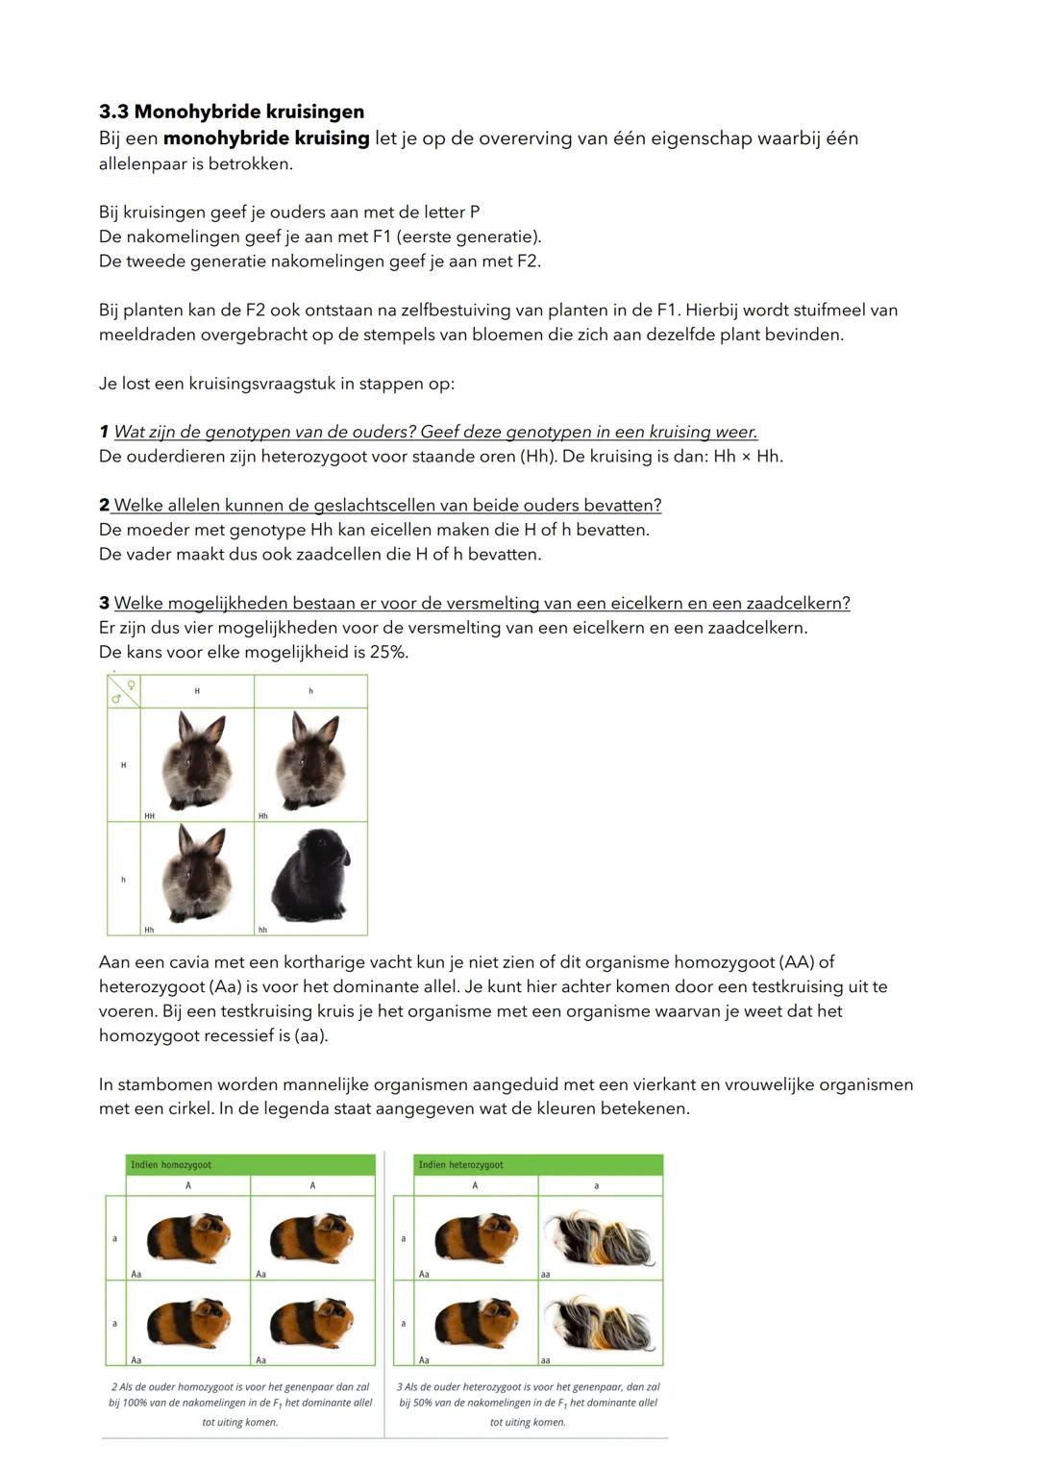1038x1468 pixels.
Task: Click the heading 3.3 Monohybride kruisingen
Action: [x=231, y=112]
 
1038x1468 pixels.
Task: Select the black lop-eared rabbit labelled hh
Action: [x=310, y=874]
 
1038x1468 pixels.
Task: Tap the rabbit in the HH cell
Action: [x=197, y=760]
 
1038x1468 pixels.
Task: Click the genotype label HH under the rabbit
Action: [x=149, y=816]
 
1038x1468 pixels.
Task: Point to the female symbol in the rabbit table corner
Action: [x=131, y=685]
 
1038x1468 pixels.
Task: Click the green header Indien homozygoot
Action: [x=171, y=1164]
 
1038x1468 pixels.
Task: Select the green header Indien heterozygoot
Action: [x=460, y=1164]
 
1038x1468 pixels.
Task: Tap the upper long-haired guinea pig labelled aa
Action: [x=600, y=1237]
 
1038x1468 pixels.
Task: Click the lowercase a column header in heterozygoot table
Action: [x=596, y=1186]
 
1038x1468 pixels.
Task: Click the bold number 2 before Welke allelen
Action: [x=104, y=506]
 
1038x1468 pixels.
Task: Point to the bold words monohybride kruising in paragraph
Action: [x=266, y=138]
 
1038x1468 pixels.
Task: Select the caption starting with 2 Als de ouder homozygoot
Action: [x=239, y=1402]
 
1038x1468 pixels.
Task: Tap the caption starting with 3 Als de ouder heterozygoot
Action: [x=528, y=1402]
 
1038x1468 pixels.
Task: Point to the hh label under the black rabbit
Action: [x=262, y=930]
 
